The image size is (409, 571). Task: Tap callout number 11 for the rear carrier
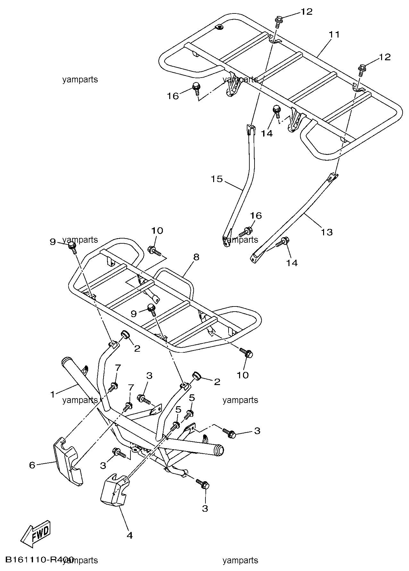point(334,34)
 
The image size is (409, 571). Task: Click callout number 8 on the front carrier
point(196,257)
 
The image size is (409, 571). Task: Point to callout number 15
point(217,179)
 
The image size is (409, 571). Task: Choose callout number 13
point(327,231)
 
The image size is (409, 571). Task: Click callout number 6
point(32,465)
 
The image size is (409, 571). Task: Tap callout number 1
point(53,394)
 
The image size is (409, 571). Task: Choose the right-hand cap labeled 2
point(196,375)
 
